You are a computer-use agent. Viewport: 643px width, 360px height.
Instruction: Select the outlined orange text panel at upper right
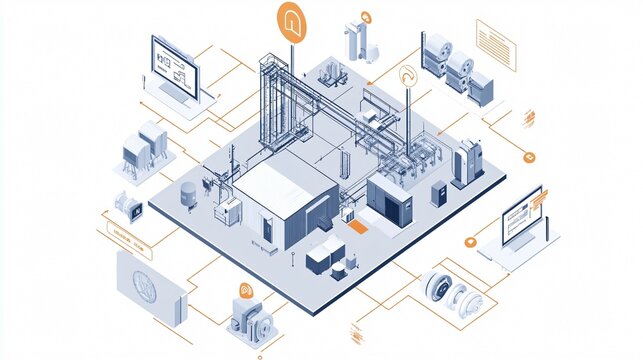click(496, 45)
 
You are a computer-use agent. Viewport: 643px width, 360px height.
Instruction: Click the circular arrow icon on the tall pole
click(408, 74)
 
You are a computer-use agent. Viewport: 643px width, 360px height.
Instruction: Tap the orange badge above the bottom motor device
click(246, 291)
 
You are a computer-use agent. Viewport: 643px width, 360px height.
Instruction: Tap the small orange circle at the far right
click(529, 156)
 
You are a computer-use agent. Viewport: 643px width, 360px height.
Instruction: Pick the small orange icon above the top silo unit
click(366, 17)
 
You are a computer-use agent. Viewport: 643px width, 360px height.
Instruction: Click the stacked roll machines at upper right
click(457, 67)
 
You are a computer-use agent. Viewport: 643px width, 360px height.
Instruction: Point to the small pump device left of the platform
click(129, 204)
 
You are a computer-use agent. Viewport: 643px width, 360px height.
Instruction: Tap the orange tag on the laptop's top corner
click(539, 199)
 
